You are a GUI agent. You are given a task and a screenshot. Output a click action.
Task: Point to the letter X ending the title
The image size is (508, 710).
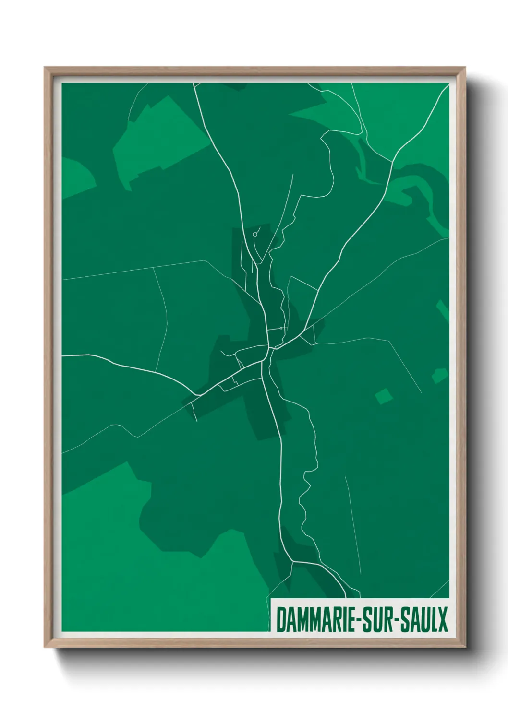[442, 619]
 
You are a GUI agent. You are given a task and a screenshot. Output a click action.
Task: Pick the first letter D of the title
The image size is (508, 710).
[281, 619]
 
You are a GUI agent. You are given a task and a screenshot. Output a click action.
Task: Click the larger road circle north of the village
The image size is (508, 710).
[254, 235]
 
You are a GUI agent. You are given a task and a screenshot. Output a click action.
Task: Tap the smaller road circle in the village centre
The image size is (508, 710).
[281, 328]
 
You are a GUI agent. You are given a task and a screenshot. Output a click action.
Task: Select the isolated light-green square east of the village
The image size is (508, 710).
[384, 396]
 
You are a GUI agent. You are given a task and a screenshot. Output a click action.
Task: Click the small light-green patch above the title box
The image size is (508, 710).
[439, 375]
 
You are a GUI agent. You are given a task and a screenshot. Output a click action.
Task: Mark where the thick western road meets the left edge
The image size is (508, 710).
[63, 355]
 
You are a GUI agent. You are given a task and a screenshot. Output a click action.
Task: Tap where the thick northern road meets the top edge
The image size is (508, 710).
[194, 84]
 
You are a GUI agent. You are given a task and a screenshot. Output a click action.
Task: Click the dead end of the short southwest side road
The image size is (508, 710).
[196, 421]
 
